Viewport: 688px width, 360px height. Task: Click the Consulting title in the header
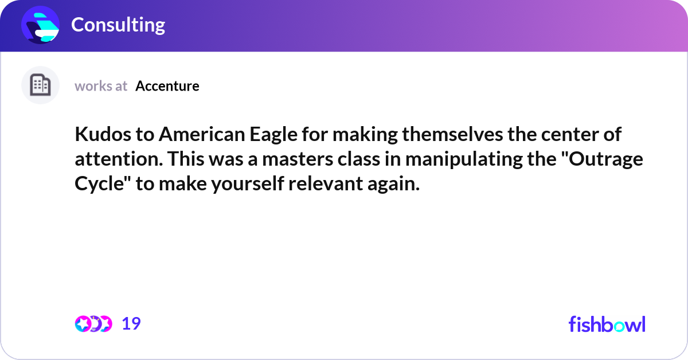click(x=118, y=25)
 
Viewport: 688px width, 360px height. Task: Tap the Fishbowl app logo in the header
click(x=41, y=25)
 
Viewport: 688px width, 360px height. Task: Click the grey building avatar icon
click(x=40, y=85)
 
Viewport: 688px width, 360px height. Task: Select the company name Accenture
click(x=167, y=86)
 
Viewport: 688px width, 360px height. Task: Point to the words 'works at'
click(x=101, y=86)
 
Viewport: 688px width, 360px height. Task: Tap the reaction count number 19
click(x=131, y=324)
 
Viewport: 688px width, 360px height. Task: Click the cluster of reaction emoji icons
click(x=93, y=324)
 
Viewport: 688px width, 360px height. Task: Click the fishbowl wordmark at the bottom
click(x=607, y=324)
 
